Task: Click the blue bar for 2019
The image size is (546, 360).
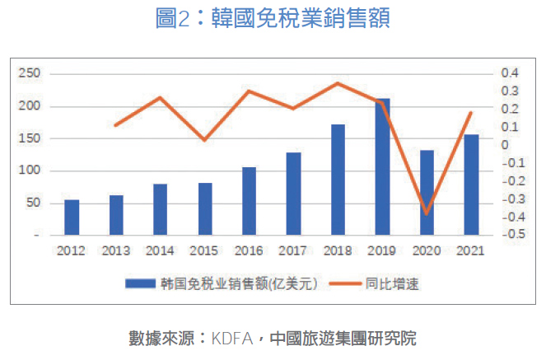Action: click(x=382, y=166)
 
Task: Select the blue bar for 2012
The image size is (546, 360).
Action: click(x=72, y=217)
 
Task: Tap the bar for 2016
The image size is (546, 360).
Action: click(x=249, y=201)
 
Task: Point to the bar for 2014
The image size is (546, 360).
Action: click(x=160, y=209)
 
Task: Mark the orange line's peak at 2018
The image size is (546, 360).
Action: click(x=338, y=83)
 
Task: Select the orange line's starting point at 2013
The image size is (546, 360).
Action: click(x=115, y=125)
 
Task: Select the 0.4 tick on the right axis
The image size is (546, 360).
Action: click(x=509, y=73)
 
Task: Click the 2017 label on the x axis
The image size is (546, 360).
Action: click(x=293, y=250)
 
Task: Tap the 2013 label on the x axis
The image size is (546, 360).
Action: click(x=115, y=250)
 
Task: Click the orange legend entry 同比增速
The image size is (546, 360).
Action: click(x=390, y=283)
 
